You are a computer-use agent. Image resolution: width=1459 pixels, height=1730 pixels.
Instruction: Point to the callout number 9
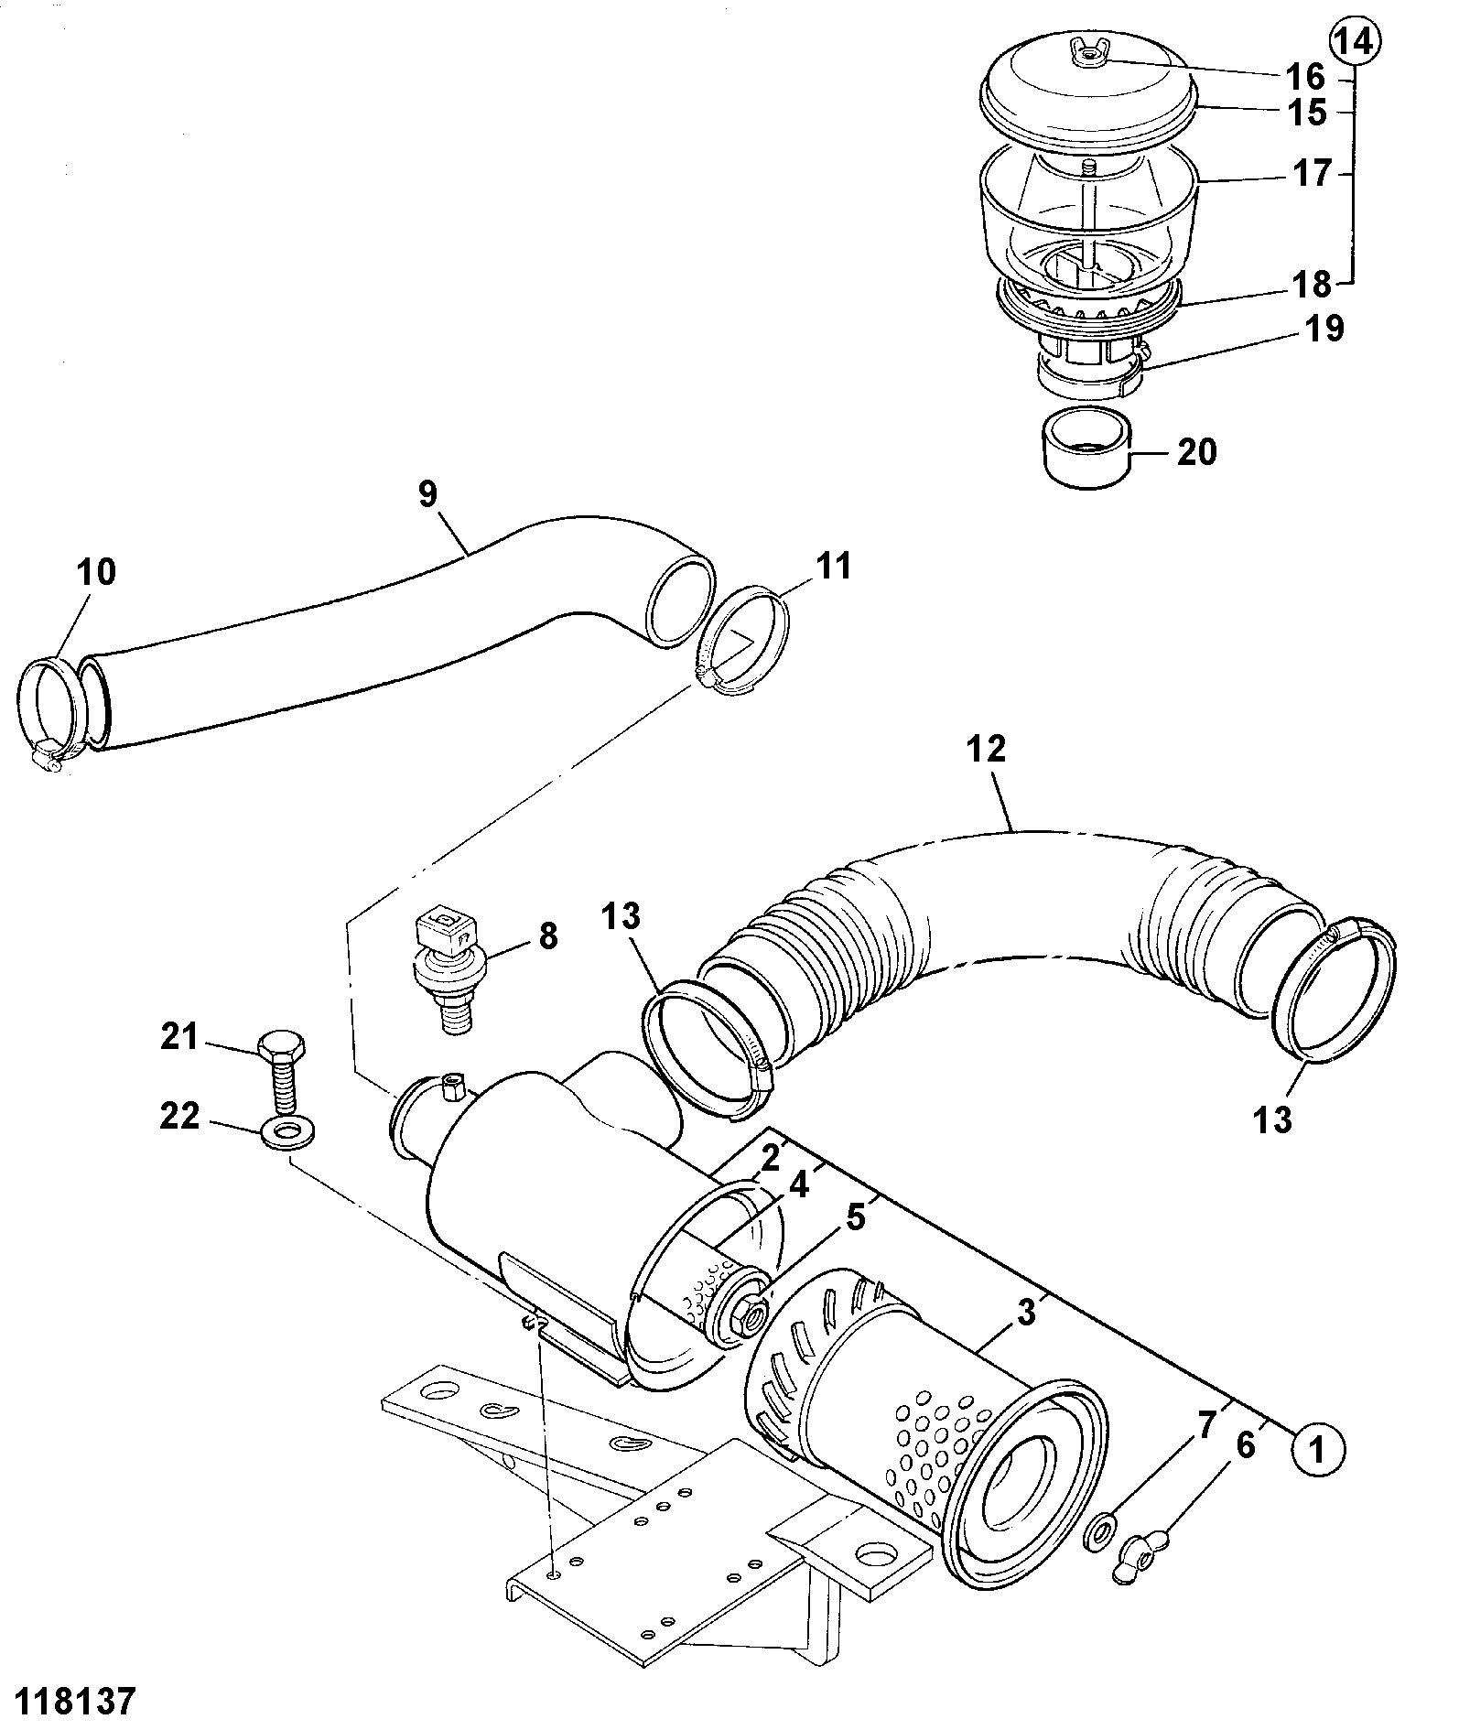[427, 494]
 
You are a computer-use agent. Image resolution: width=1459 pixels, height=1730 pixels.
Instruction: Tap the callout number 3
[1026, 1312]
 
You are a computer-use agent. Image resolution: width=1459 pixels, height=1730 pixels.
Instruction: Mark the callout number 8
[546, 937]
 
